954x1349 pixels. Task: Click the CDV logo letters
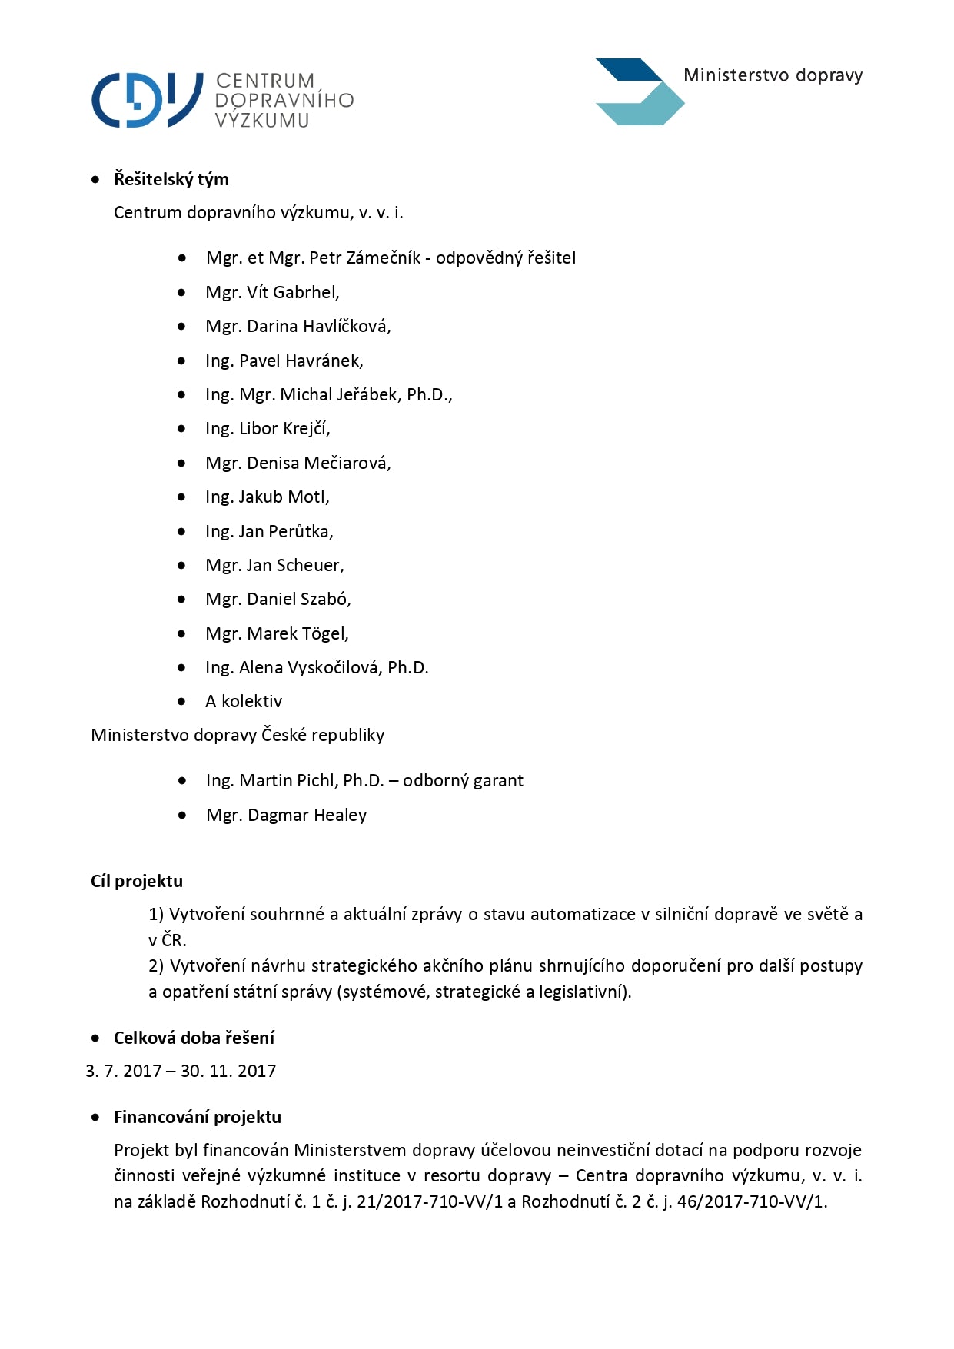pos(146,100)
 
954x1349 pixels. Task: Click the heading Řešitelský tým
pos(171,179)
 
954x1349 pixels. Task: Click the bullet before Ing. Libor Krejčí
pos(181,429)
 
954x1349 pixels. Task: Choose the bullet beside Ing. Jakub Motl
pos(181,497)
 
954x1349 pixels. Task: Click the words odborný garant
pos(463,780)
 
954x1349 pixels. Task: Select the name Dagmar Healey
pos(307,815)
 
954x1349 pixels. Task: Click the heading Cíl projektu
pos(137,881)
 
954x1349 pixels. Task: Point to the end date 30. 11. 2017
pos(228,1071)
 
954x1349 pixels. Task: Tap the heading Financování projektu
pos(198,1117)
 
